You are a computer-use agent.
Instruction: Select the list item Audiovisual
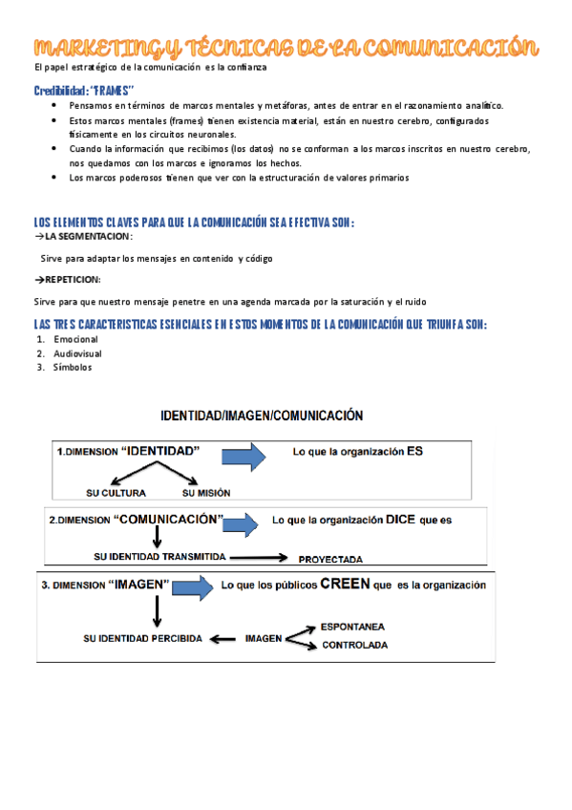pyautogui.click(x=77, y=353)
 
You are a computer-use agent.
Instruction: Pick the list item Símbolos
pyautogui.click(x=73, y=367)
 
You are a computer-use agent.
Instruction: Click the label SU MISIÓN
pyautogui.click(x=205, y=493)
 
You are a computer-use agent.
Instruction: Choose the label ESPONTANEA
pyautogui.click(x=352, y=627)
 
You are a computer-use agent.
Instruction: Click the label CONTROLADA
pyautogui.click(x=354, y=646)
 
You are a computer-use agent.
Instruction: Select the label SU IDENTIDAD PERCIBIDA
pyautogui.click(x=143, y=638)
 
